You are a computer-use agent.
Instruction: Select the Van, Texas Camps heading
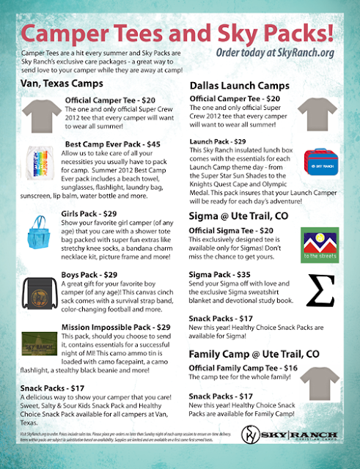60,84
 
